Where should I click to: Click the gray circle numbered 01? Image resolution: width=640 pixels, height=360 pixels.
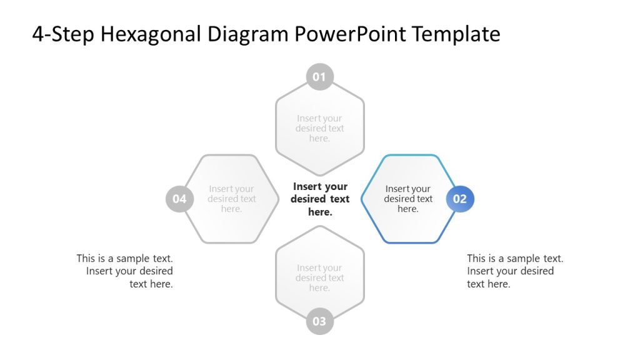click(x=319, y=77)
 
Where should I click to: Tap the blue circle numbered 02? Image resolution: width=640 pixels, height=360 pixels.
click(x=460, y=199)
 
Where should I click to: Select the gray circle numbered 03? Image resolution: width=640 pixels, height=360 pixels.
click(x=319, y=321)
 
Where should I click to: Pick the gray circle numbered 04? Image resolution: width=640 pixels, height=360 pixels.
click(x=179, y=199)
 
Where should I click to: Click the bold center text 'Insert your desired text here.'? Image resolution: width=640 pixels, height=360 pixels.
click(x=320, y=199)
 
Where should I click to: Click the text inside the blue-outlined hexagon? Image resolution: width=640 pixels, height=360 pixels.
click(x=408, y=199)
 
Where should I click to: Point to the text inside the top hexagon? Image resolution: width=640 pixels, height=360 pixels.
click(x=320, y=128)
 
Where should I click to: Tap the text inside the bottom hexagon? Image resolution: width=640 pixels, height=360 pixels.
click(x=320, y=278)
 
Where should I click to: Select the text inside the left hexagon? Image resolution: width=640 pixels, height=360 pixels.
click(x=232, y=199)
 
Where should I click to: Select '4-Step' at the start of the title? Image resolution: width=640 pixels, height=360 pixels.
click(x=62, y=34)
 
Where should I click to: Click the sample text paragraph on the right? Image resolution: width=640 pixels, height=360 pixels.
click(x=514, y=271)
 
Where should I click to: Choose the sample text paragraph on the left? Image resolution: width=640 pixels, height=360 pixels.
click(x=126, y=271)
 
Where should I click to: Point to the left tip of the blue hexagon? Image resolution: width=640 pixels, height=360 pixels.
click(x=362, y=199)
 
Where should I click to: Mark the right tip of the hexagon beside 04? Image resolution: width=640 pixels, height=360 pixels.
click(x=278, y=199)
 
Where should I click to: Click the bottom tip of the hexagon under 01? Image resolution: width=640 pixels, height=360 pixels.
click(x=320, y=175)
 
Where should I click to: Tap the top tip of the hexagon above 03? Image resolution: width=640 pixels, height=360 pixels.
click(x=320, y=226)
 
